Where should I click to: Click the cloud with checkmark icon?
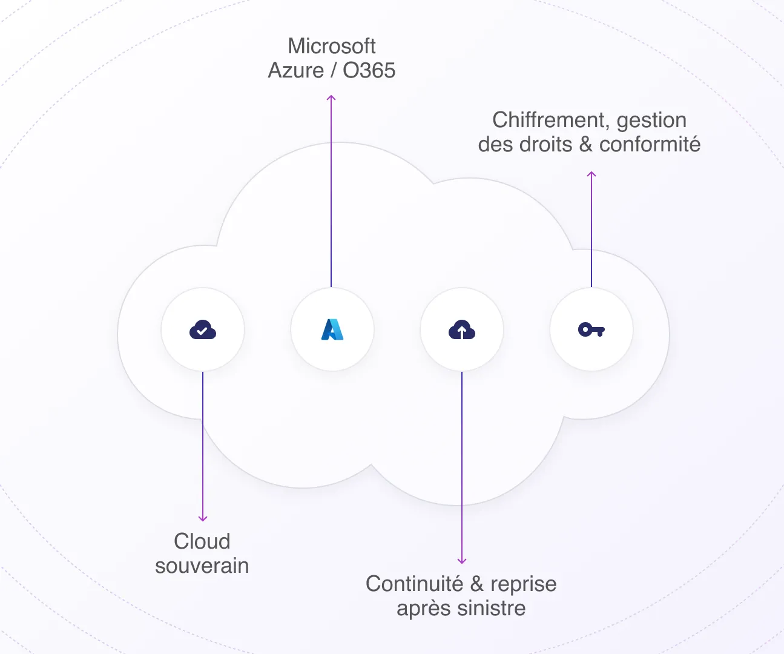pyautogui.click(x=203, y=330)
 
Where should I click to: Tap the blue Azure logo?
pyautogui.click(x=332, y=329)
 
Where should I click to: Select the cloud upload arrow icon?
pyautogui.click(x=462, y=330)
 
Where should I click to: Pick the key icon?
pyautogui.click(x=591, y=330)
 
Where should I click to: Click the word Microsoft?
pyautogui.click(x=332, y=46)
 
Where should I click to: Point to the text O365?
pyautogui.click(x=369, y=71)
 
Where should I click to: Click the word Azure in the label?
pyautogui.click(x=296, y=71)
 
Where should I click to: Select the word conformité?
pyautogui.click(x=650, y=145)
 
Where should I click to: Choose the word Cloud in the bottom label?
pyautogui.click(x=202, y=541)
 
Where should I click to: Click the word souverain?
pyautogui.click(x=202, y=566)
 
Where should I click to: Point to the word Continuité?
pyautogui.click(x=415, y=584)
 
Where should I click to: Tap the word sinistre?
pyautogui.click(x=492, y=609)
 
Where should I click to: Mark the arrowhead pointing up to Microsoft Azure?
pyautogui.click(x=331, y=97)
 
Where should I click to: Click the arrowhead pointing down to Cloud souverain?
pyautogui.click(x=203, y=518)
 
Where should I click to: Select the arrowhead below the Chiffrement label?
pyautogui.click(x=591, y=174)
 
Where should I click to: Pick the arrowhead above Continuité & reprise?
pyautogui.click(x=462, y=561)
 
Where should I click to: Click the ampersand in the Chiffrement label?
pyautogui.click(x=585, y=145)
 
